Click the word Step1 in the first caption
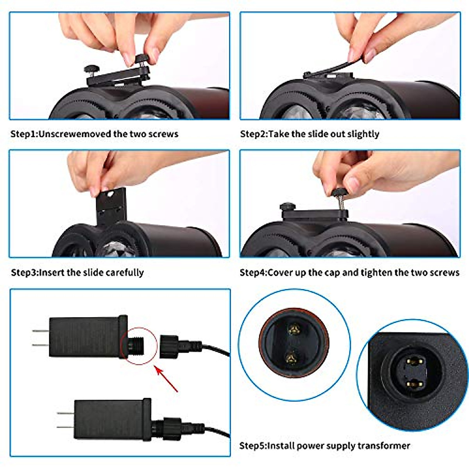tap(23, 134)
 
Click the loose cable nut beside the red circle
tap(169, 346)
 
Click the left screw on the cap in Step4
tap(287, 206)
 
